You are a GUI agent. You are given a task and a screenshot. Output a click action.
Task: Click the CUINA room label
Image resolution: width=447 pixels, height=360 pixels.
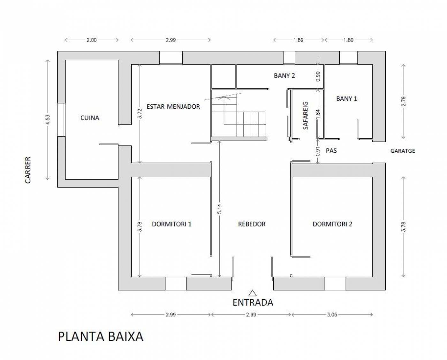point(90,118)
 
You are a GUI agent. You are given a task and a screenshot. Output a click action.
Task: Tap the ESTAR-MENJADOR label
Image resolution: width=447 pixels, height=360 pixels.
point(173,106)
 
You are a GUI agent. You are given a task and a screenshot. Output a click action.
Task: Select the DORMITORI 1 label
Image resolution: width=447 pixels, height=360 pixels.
point(171,224)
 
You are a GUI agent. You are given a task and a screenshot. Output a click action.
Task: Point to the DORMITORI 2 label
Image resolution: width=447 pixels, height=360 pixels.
point(332,224)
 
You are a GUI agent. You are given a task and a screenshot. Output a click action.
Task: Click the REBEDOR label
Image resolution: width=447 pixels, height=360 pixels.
point(252,224)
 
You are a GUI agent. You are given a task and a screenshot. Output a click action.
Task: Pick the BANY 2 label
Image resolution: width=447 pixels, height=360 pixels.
point(284,76)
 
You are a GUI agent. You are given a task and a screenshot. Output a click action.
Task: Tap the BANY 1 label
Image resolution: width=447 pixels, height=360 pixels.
point(346,99)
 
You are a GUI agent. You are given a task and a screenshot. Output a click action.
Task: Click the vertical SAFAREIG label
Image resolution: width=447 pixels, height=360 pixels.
point(306,115)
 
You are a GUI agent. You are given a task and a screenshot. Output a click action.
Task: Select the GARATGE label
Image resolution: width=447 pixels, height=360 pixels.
point(403,151)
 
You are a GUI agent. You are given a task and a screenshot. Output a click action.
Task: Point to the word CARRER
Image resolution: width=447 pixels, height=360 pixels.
point(28,170)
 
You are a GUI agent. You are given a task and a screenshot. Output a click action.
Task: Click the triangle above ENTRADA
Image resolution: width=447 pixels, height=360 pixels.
point(253,293)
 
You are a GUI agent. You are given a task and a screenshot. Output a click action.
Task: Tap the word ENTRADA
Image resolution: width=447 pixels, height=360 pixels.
point(253,302)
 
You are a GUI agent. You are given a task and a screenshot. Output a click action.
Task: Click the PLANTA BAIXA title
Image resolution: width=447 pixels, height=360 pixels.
point(100,336)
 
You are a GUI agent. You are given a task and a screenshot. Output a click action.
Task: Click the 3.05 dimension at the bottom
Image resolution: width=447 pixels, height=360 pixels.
point(332,315)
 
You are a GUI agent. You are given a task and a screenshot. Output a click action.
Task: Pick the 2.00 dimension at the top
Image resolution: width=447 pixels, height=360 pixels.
point(91,40)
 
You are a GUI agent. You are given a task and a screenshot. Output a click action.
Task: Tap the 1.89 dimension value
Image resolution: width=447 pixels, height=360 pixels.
point(298,40)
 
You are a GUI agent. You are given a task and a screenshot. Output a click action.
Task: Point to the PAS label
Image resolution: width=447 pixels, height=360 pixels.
point(331,150)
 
